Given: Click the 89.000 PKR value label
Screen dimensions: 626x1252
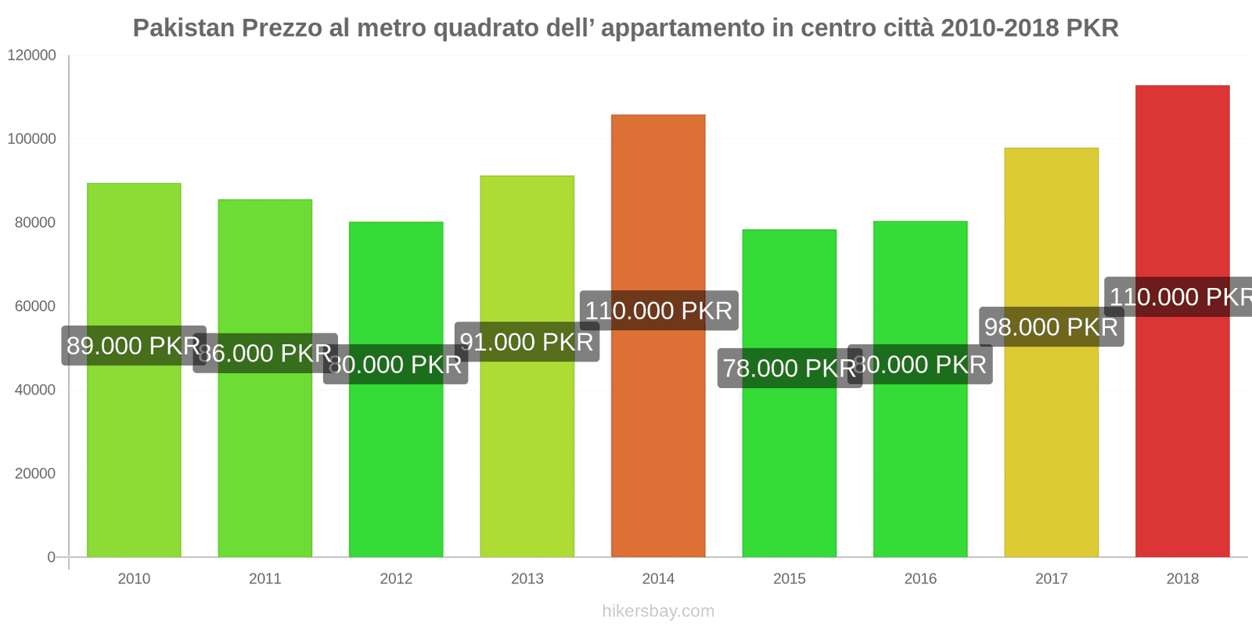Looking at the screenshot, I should tap(134, 346).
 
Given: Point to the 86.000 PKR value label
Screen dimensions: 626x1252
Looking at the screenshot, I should tap(266, 353).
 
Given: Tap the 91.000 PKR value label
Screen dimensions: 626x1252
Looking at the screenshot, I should tap(527, 342).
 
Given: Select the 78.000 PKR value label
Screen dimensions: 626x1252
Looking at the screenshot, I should tap(790, 368).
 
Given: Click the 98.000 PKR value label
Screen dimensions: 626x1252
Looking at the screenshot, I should tap(1051, 326).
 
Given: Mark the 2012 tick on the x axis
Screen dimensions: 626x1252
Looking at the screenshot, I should tap(396, 578).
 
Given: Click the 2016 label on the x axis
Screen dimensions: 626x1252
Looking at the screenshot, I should tap(920, 578).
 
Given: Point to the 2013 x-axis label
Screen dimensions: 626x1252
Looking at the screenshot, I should tap(527, 578).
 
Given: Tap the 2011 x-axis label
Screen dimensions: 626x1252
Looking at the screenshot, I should tap(264, 578).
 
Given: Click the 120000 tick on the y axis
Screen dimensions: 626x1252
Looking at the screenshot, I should tap(32, 55).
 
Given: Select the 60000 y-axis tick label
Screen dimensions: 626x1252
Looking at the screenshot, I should tap(35, 306).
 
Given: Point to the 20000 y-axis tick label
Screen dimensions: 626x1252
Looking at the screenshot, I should tap(35, 473).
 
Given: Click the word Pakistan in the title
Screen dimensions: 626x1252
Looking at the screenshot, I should tap(184, 28).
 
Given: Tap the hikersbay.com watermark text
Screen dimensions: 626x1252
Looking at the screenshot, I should tap(658, 611).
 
